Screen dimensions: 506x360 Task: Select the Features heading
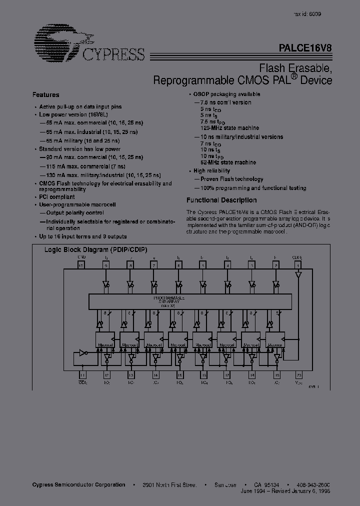pyautogui.click(x=46, y=94)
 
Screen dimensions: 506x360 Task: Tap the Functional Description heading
pyautogui.click(x=221, y=200)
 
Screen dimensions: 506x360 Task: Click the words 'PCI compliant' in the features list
pyautogui.click(x=56, y=197)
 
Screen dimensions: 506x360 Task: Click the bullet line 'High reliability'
pyautogui.click(x=211, y=170)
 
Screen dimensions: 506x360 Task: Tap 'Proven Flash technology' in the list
pyautogui.click(x=232, y=179)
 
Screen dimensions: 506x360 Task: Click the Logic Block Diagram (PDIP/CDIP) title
pyautogui.click(x=96, y=250)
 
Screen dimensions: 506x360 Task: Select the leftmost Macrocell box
pyautogui.click(x=105, y=340)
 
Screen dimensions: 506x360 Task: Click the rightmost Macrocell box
pyautogui.click(x=275, y=340)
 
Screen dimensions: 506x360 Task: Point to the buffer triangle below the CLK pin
pyautogui.click(x=298, y=274)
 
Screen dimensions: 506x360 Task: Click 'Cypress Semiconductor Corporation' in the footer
pyautogui.click(x=78, y=484)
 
